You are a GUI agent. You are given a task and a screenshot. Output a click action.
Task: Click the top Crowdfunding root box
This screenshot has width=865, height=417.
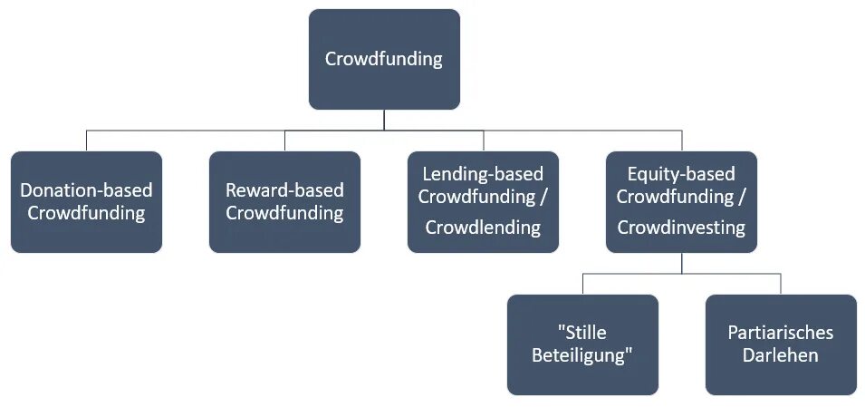pos(384,59)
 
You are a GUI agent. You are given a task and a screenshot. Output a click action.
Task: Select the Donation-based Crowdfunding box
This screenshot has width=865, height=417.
pos(87,201)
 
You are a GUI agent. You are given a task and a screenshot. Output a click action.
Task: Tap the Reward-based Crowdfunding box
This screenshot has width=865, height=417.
pos(284,201)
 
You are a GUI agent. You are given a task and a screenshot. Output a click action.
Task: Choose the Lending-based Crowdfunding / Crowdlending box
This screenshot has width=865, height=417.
pos(483,201)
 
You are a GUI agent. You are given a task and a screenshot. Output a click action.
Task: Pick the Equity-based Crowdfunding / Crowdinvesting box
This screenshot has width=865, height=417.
pos(681,201)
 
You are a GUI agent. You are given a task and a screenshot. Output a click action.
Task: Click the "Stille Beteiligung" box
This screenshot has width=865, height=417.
pos(582,344)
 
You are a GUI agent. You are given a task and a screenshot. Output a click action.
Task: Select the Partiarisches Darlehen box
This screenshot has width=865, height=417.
pos(781,344)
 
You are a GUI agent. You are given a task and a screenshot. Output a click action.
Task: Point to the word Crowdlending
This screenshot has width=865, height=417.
pos(483,228)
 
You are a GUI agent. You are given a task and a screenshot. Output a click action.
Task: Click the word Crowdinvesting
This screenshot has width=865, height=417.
pos(681,228)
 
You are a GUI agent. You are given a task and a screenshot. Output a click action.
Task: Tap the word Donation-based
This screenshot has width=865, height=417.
pos(87,190)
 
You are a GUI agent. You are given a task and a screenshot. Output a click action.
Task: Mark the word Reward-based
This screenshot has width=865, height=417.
pos(284,190)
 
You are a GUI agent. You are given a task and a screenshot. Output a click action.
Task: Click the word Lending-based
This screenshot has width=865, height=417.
pos(483,173)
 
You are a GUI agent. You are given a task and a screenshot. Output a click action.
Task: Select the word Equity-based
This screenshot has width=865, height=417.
pos(681,173)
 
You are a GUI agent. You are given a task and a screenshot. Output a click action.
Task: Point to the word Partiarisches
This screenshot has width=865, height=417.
pos(781,333)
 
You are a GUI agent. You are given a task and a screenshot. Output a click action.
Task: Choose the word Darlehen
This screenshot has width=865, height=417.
pos(781,355)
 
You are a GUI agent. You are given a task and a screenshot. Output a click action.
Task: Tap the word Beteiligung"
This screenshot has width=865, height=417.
pos(582,355)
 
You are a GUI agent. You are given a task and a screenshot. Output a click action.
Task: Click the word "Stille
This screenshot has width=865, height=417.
pos(582,333)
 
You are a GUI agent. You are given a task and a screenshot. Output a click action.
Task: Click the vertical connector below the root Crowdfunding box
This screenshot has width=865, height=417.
pos(384,120)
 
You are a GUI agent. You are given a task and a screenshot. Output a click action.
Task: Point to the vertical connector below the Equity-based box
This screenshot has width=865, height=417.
pos(681,262)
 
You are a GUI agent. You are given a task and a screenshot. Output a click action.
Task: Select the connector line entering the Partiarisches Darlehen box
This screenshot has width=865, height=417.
pos(781,283)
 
